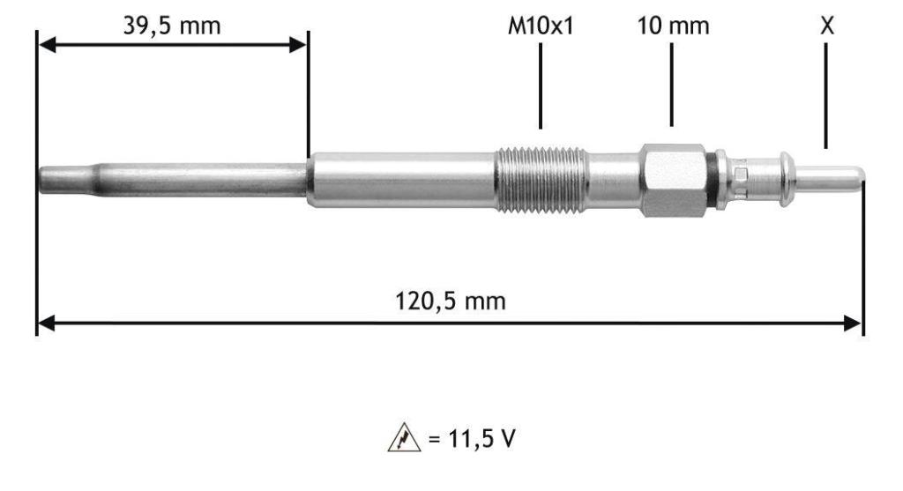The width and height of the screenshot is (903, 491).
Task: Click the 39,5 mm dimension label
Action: pyautogui.click(x=172, y=26)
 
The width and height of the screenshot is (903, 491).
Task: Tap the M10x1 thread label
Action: pyautogui.click(x=541, y=26)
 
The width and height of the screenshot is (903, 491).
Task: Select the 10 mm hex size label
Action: pyautogui.click(x=673, y=26)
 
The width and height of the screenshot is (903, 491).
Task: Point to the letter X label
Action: pyautogui.click(x=826, y=26)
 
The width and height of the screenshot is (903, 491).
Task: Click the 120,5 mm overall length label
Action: pyautogui.click(x=451, y=301)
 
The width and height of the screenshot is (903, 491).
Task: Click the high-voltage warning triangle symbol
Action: pyautogui.click(x=404, y=437)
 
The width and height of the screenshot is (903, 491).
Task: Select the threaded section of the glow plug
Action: pyautogui.click(x=541, y=180)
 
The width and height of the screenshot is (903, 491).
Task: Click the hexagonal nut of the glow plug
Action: pyautogui.click(x=673, y=180)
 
